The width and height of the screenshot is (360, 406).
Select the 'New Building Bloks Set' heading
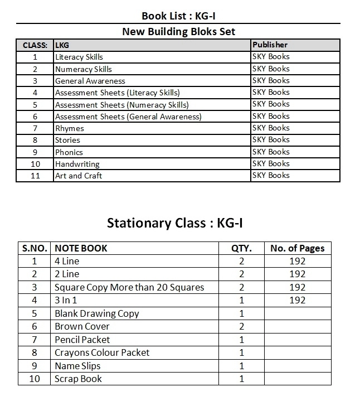pos(178,31)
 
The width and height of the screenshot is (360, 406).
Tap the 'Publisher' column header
pos(270,45)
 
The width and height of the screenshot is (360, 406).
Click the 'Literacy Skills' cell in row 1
pos(79,57)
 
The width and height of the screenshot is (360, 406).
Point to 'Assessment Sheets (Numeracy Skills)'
pos(121,105)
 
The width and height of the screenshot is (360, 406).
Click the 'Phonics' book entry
pos(69,152)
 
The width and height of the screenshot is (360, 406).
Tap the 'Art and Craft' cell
pos(78,176)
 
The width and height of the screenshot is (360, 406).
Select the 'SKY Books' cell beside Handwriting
pos(271,163)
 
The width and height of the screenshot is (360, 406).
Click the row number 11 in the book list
pos(35,176)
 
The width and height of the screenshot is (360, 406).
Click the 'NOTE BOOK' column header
pos(81,248)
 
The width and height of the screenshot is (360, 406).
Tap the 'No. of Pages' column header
pos(297,248)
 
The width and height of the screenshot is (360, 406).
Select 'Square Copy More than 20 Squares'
pos(129,287)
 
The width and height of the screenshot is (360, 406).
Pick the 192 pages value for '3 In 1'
pos(298,300)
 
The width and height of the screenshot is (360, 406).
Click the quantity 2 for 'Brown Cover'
pos(241,326)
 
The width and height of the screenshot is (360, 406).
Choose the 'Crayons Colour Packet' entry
pos(102,352)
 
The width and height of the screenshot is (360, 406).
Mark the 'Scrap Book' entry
pos(78,379)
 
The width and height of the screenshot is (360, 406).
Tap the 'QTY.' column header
pos(241,248)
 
